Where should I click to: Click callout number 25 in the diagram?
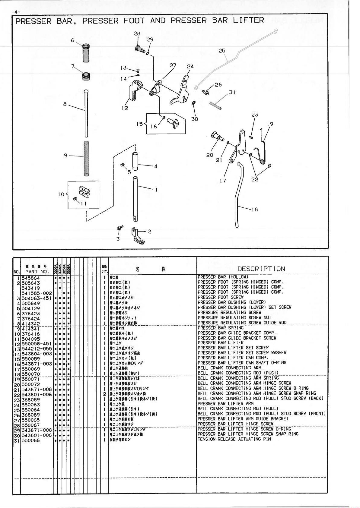click(x=222, y=51)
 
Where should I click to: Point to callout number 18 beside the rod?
click(x=255, y=209)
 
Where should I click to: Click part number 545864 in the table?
click(x=30, y=278)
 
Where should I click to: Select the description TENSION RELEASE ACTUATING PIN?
click(x=234, y=439)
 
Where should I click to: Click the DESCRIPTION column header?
click(x=261, y=269)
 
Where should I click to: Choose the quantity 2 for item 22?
click(x=104, y=394)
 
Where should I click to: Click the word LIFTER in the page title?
click(x=248, y=21)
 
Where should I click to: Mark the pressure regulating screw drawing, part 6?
click(x=86, y=53)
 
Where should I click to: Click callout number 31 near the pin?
click(x=232, y=92)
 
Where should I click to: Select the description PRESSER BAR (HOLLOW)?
click(x=223, y=277)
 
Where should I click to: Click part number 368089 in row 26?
click(x=30, y=415)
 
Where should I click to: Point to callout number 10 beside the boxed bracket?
click(x=61, y=194)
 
